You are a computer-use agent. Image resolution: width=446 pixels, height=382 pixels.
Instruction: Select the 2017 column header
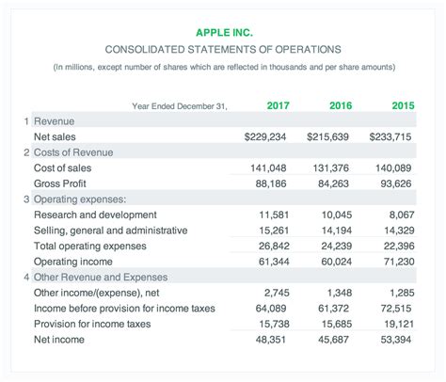coord(278,105)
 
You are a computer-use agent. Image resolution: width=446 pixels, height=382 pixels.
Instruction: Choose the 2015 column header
coord(402,105)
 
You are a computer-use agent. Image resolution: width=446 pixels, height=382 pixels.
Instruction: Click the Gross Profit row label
coord(61,183)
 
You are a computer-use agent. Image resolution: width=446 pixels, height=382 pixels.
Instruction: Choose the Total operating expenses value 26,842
coord(273,245)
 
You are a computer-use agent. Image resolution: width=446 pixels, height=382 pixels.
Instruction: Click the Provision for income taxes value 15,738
coord(273,324)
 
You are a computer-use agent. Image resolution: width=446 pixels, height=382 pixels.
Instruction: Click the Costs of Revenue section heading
coord(72,152)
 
